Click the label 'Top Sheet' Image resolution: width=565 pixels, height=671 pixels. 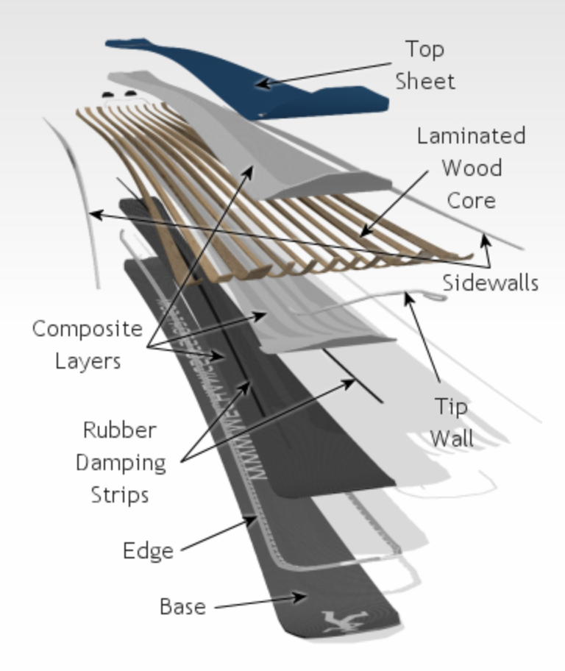tap(425, 65)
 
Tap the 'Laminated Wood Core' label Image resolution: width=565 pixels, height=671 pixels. tap(471, 168)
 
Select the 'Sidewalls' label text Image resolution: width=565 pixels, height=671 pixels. tap(490, 283)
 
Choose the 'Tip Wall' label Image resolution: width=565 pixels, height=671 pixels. tap(451, 422)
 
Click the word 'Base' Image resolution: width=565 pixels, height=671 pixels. tap(182, 607)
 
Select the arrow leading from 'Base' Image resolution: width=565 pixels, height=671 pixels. tap(257, 600)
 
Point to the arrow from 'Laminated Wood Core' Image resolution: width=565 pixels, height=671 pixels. tap(394, 202)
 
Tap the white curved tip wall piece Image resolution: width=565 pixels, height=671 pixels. tap(383, 298)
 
